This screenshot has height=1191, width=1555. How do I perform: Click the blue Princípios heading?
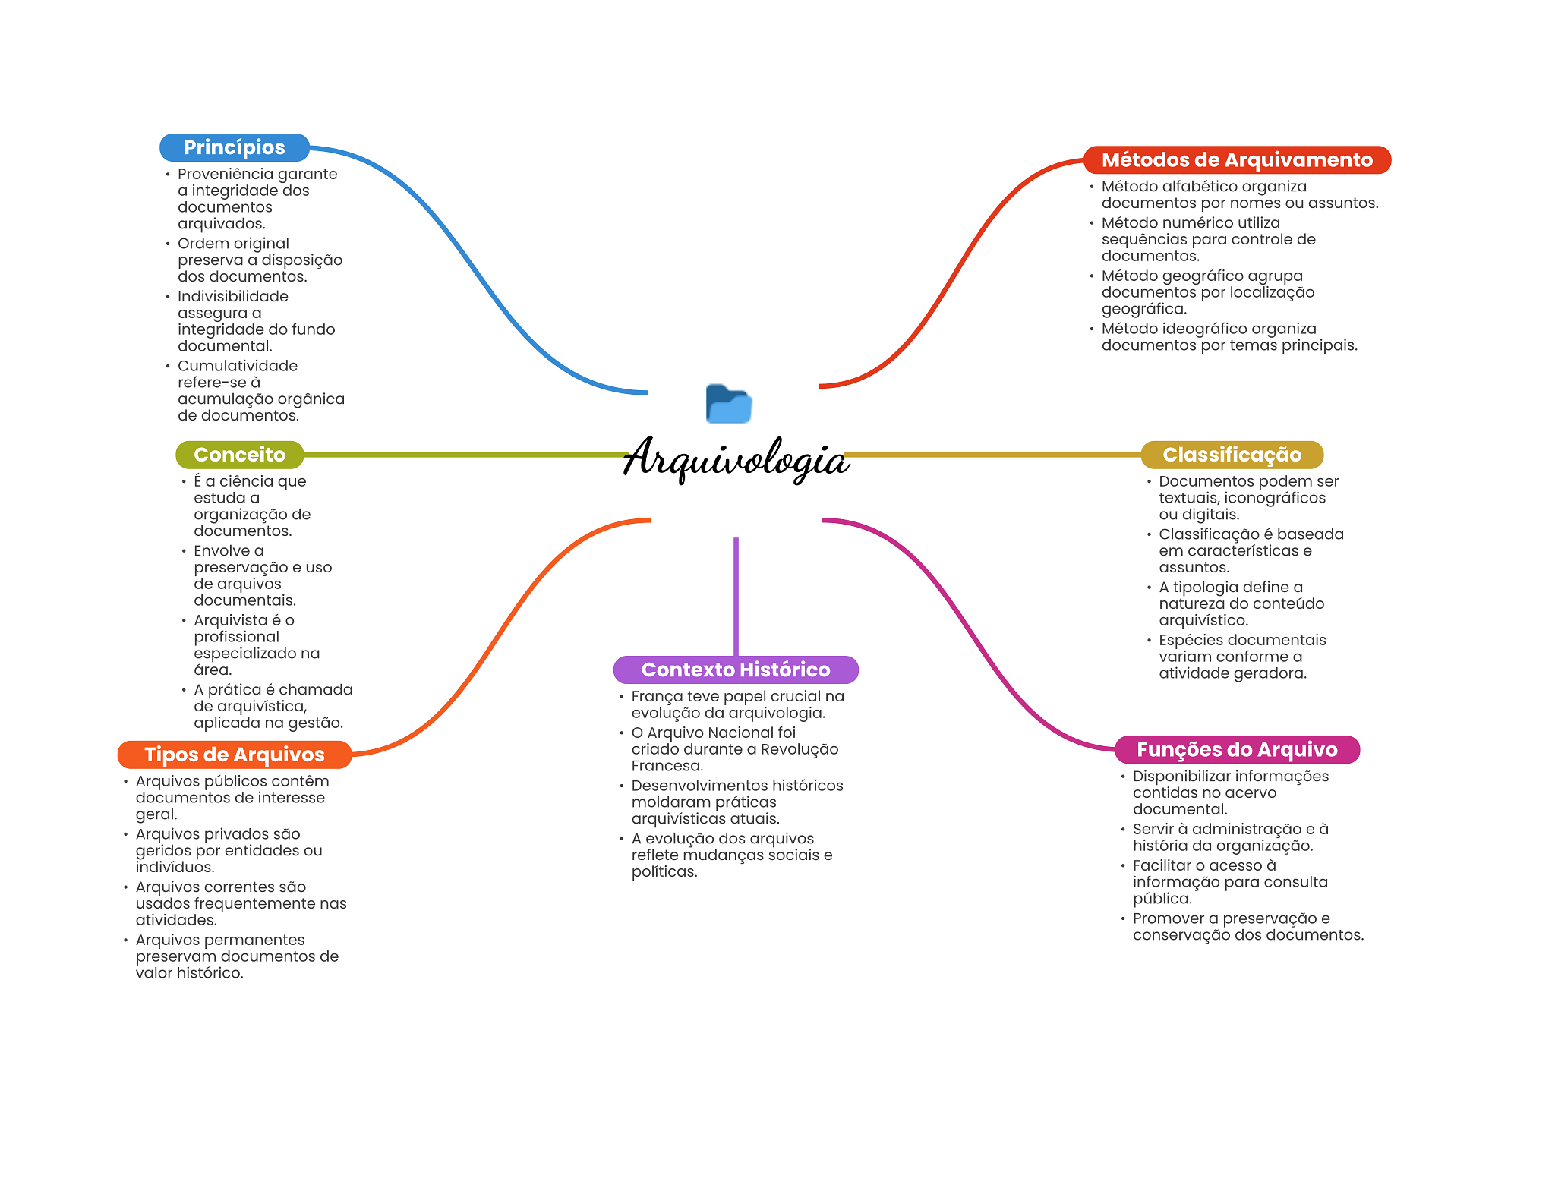tap(234, 147)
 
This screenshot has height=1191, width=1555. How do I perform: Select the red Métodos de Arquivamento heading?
tap(1236, 160)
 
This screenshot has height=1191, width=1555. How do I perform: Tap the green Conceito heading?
tap(239, 455)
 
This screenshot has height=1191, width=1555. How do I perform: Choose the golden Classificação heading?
tap(1232, 455)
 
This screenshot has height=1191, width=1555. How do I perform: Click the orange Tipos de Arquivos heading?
tap(234, 755)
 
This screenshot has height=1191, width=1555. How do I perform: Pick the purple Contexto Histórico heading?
tap(735, 670)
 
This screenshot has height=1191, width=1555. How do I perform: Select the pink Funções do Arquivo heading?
tap(1236, 750)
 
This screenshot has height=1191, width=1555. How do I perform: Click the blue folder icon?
tap(728, 404)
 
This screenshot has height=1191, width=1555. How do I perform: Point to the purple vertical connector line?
tap(736, 596)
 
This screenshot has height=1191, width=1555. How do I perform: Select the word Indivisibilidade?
tap(232, 296)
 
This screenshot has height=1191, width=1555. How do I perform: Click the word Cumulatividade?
tap(237, 366)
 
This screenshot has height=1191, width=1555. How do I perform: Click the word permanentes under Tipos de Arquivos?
tap(258, 940)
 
